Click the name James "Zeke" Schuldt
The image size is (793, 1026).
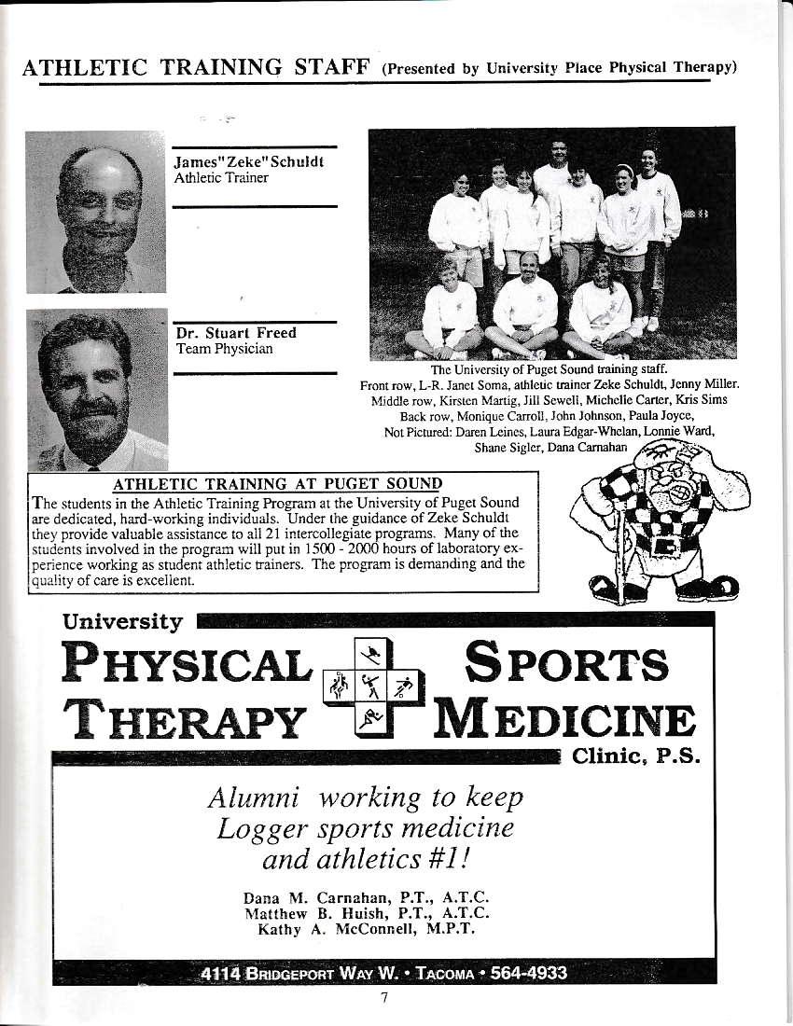[249, 161]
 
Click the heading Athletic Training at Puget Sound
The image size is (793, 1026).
[276, 483]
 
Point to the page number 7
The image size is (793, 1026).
[383, 997]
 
